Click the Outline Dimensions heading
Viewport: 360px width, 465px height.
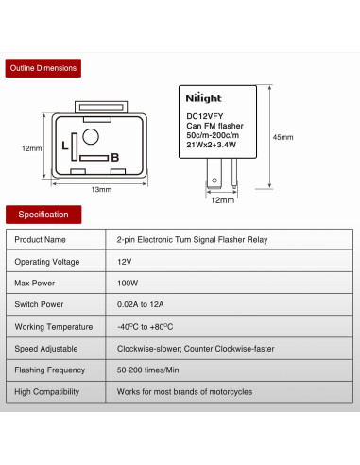(42, 69)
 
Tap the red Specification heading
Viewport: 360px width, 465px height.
(43, 215)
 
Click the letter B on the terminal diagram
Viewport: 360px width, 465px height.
(114, 156)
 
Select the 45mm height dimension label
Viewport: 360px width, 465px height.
(283, 137)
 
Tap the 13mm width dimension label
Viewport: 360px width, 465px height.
(101, 189)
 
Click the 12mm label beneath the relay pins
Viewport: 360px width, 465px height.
(222, 200)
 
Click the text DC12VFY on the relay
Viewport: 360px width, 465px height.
(204, 118)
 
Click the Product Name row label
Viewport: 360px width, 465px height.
(41, 239)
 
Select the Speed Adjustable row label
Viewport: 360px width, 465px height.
(48, 348)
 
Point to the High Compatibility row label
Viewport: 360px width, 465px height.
(47, 391)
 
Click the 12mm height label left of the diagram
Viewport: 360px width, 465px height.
(31, 148)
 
